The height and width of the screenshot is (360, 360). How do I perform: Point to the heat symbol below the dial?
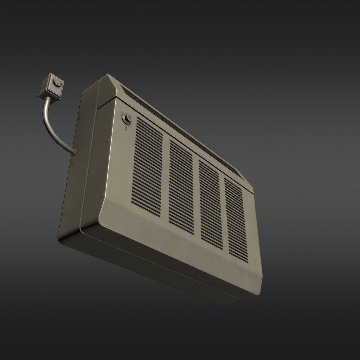126,128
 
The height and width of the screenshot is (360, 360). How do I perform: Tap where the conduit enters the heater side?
73,152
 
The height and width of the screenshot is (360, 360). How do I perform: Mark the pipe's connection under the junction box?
47,98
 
